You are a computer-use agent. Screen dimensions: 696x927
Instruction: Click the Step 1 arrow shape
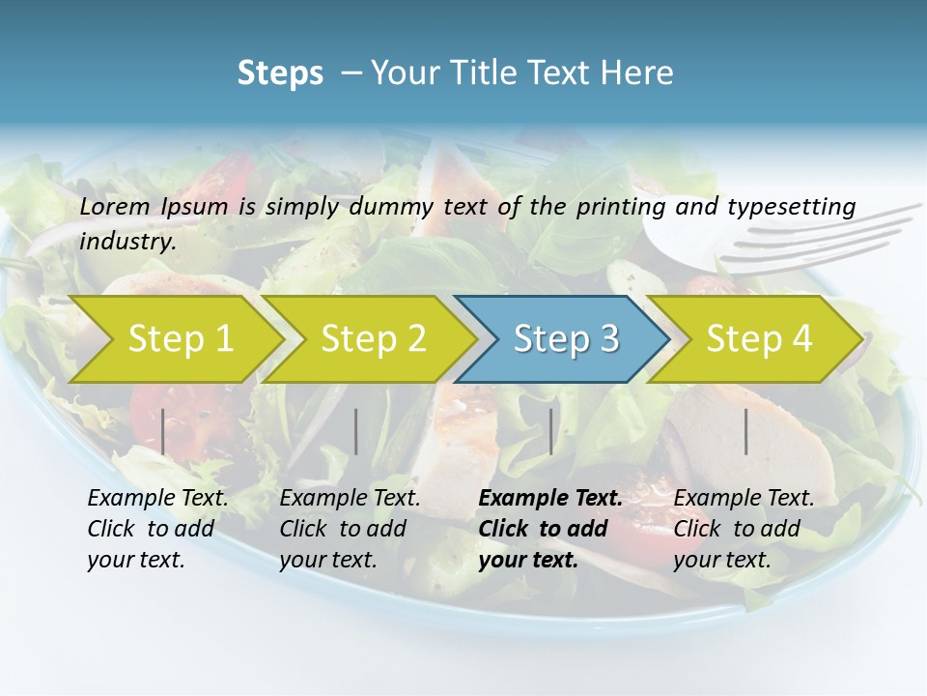click(180, 339)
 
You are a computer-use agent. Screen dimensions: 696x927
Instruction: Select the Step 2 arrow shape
click(373, 339)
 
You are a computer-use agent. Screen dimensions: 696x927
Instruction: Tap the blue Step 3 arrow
click(565, 339)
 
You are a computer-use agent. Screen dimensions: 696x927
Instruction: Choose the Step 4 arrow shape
click(758, 339)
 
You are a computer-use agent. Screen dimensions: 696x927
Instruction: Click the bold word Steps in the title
click(280, 73)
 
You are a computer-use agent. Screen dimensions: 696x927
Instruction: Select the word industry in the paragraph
click(127, 242)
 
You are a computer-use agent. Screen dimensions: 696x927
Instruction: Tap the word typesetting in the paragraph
click(791, 206)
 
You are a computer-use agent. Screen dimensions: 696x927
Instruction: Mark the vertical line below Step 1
click(163, 431)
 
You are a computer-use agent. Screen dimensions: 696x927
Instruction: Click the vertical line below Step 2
click(356, 431)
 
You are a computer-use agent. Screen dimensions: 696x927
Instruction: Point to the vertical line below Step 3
click(551, 431)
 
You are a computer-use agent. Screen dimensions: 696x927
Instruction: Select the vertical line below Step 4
click(746, 431)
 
